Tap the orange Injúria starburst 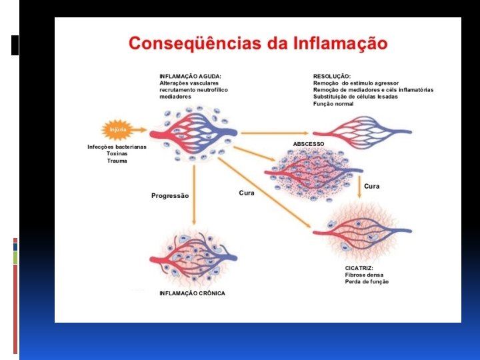click(x=118, y=129)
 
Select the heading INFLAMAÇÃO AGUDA click(x=190, y=75)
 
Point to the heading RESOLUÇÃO click(x=332, y=75)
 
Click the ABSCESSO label click(x=309, y=144)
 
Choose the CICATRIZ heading click(x=359, y=268)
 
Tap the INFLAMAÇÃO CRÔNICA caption click(x=192, y=293)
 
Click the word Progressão click(x=170, y=195)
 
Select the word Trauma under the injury click(x=117, y=161)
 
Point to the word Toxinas click(x=117, y=153)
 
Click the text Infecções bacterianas click(x=117, y=146)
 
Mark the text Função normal click(x=333, y=104)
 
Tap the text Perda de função click(x=367, y=281)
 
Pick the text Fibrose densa click(x=364, y=275)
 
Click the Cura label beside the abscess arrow click(x=372, y=186)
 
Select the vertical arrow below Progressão click(x=194, y=193)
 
